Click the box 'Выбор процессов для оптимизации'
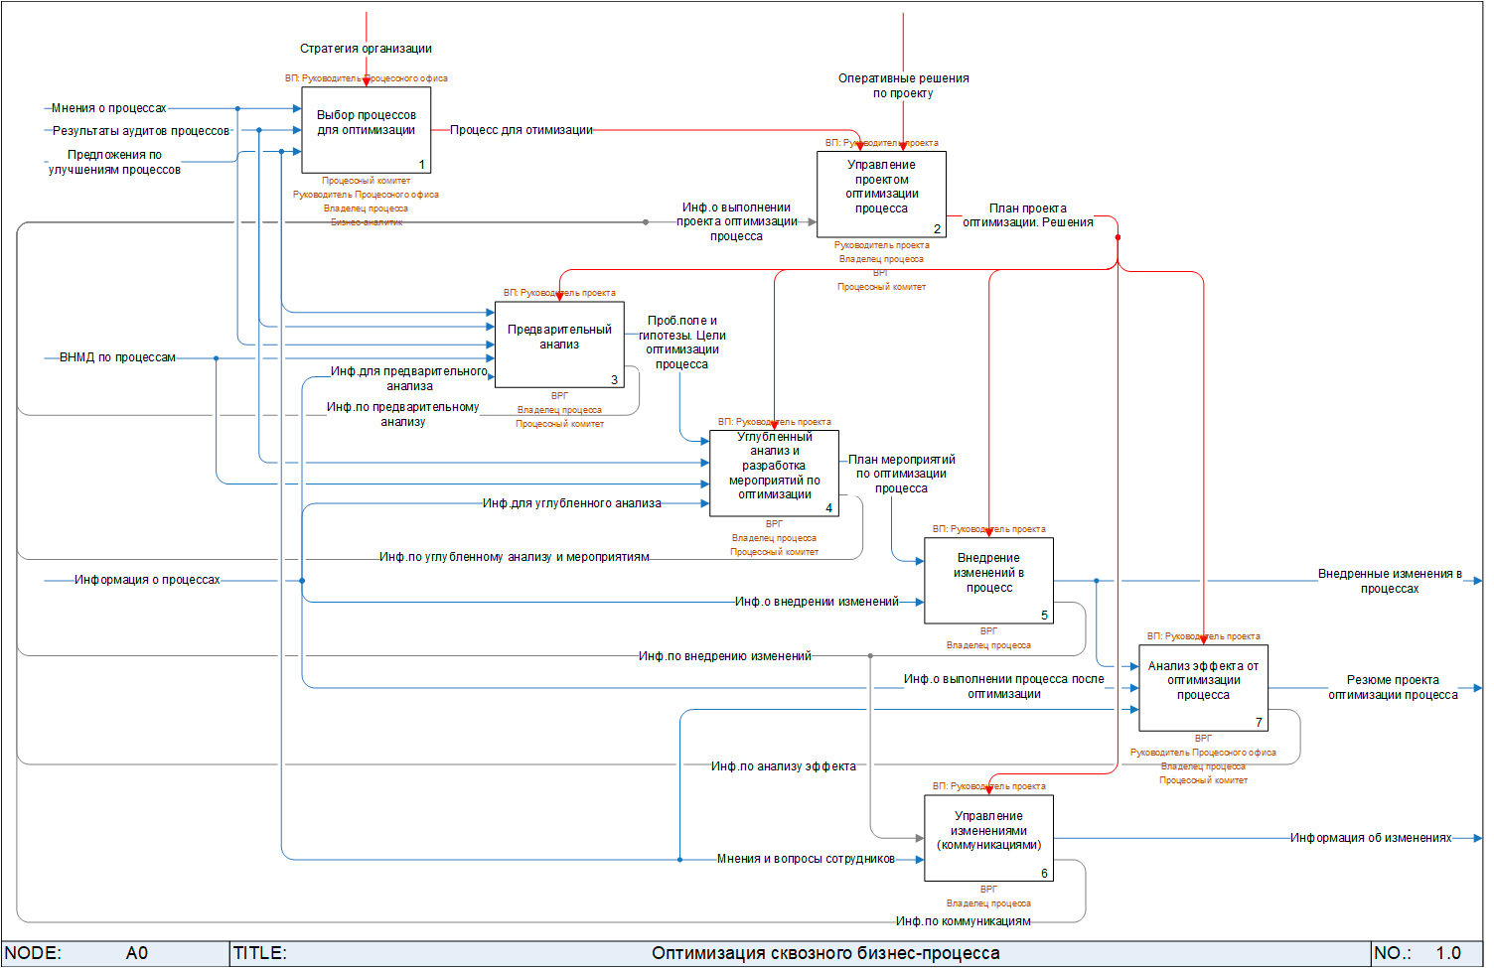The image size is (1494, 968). pos(366,130)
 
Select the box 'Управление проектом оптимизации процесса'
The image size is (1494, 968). pos(881,194)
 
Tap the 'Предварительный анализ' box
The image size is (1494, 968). pos(559,345)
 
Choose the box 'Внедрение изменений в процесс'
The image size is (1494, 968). pos(988,580)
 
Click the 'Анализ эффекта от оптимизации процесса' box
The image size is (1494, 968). pos(1203,687)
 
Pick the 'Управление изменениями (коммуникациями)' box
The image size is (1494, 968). pos(988,837)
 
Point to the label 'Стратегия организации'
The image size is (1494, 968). pos(366,49)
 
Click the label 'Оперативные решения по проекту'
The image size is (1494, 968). pos(903,85)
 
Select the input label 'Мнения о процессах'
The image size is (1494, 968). pos(109,108)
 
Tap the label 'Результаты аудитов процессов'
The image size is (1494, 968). pos(141,131)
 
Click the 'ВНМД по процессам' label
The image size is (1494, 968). pos(117,357)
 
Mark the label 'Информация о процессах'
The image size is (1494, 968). pos(147,580)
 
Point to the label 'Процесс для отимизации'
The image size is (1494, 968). pos(522,130)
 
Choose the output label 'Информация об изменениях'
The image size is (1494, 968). pos(1371,838)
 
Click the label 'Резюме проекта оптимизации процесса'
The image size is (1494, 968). pos(1393,687)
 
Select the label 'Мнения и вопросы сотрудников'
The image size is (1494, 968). pos(806,859)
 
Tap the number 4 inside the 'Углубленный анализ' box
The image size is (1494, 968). pos(829,508)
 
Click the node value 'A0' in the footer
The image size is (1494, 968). pos(137,953)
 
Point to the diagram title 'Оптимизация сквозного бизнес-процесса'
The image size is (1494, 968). pos(825,953)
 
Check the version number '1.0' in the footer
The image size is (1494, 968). pos(1448,953)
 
